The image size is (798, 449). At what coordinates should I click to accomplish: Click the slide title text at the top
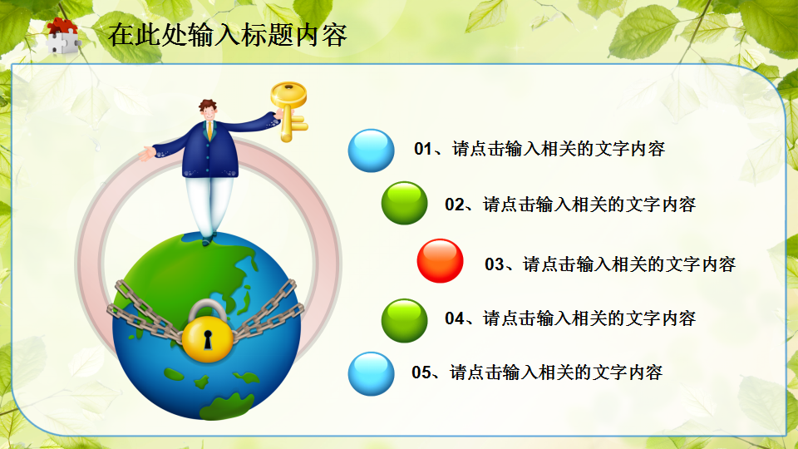tap(227, 35)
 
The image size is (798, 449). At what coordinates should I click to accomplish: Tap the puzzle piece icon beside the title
tap(62, 36)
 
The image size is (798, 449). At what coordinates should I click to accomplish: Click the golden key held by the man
tap(288, 107)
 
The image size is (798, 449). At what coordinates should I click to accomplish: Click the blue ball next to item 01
tap(371, 150)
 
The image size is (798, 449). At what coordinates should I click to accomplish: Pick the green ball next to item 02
tap(404, 204)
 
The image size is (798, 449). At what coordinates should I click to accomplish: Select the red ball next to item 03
tap(440, 261)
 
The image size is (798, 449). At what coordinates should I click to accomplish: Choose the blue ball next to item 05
tap(371, 373)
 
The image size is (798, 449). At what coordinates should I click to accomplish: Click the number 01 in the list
tap(424, 150)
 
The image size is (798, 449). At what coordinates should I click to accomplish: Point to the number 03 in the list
tap(495, 264)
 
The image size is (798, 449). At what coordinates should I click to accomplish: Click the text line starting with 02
tap(570, 204)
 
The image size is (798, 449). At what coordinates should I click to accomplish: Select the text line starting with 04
tap(570, 318)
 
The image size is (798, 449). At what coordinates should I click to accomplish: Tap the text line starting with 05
tap(537, 372)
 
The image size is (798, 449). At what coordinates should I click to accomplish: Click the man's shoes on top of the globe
tap(206, 239)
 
